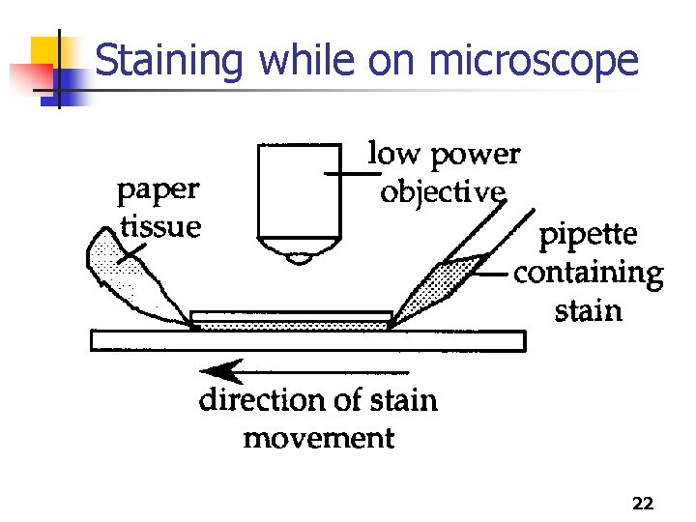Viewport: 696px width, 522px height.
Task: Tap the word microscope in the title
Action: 533,60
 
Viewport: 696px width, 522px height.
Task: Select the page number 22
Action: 642,504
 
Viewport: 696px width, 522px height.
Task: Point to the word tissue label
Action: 161,227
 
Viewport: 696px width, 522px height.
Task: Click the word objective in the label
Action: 442,192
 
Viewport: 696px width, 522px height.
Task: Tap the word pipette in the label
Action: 587,235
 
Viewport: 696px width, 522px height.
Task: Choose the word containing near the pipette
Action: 589,274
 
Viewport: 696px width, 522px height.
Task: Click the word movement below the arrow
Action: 318,439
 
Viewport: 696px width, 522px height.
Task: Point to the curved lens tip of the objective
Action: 301,257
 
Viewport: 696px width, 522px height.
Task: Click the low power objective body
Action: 301,193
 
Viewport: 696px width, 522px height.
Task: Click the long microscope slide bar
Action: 307,340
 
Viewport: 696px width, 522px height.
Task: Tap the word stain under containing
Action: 587,311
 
